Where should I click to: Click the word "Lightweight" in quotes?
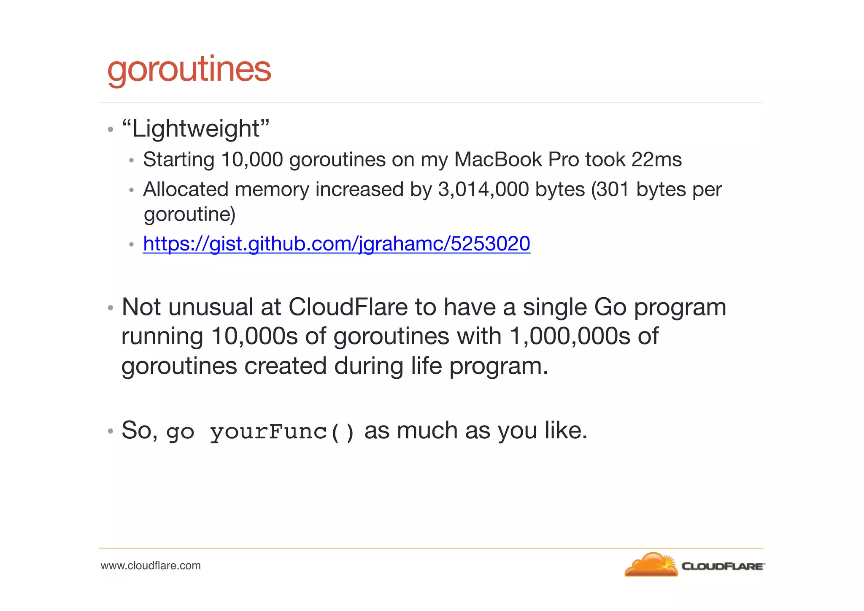[196, 128]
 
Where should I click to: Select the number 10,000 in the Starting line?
[252, 160]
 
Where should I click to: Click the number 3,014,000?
[483, 189]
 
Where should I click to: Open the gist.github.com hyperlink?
[336, 244]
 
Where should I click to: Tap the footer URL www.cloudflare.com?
[151, 565]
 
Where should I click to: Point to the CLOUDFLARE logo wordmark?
[723, 566]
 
